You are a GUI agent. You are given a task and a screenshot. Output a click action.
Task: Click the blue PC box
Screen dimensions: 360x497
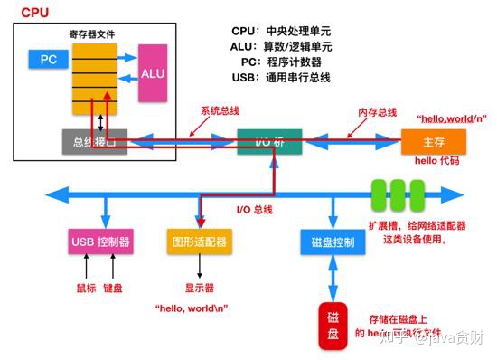pos(48,60)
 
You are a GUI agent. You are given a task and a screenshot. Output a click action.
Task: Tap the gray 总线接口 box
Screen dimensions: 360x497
pos(95,141)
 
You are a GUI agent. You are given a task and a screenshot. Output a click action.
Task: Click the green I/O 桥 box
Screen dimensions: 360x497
pos(269,141)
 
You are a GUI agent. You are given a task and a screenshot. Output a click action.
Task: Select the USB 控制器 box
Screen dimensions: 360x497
pos(100,242)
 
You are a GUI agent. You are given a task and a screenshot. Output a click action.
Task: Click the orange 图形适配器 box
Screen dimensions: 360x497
pos(198,242)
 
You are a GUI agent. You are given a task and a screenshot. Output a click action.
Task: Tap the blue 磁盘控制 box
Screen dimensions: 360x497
pos(332,242)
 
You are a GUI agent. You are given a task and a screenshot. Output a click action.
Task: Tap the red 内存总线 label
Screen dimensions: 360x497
pos(378,112)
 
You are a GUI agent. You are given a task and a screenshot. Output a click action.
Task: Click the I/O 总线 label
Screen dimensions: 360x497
pos(255,210)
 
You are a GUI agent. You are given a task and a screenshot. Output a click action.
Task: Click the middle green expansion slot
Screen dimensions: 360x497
pos(397,193)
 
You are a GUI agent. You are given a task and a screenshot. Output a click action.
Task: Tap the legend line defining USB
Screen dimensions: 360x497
pos(281,78)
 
